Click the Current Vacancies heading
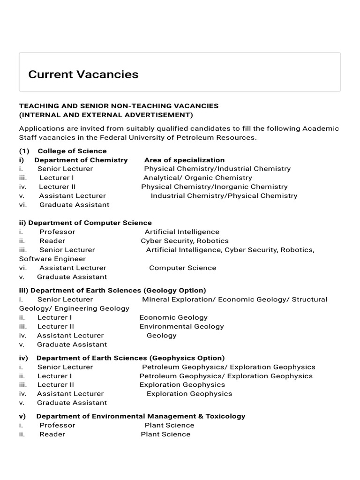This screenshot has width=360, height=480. [x=83, y=74]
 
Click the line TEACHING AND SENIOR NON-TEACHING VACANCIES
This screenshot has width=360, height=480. [x=119, y=106]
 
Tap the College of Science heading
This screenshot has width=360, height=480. [x=72, y=151]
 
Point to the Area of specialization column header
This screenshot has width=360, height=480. [x=184, y=160]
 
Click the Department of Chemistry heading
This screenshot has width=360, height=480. [x=81, y=160]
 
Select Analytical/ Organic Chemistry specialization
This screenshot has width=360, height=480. [x=197, y=178]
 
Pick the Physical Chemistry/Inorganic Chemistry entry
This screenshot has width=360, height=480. [x=214, y=187]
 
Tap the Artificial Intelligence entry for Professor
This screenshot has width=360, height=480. [x=182, y=232]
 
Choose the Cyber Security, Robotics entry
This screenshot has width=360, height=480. [x=185, y=240]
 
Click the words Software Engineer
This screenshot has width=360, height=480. [x=52, y=259]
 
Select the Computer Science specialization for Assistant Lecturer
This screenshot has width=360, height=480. [x=182, y=268]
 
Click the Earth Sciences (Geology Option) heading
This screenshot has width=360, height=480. [x=118, y=290]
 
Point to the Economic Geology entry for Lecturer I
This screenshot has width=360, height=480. [x=173, y=317]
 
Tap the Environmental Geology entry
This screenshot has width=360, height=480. [x=181, y=326]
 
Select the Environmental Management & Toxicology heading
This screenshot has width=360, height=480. [x=141, y=416]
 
